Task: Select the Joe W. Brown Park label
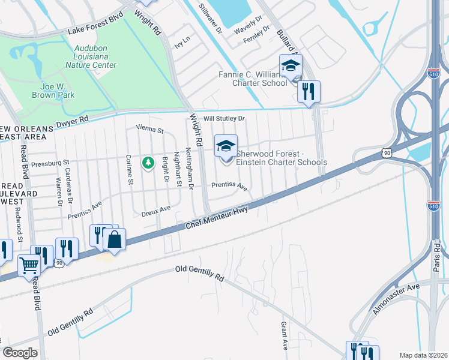(x=54, y=91)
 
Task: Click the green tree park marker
(x=148, y=163)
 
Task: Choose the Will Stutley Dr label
(x=224, y=119)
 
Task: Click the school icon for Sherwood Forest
(x=226, y=146)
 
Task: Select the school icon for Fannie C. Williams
(x=291, y=65)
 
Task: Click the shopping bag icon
(x=114, y=239)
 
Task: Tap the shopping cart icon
(x=28, y=265)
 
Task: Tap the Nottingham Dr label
(x=189, y=169)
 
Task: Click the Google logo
(x=20, y=352)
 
